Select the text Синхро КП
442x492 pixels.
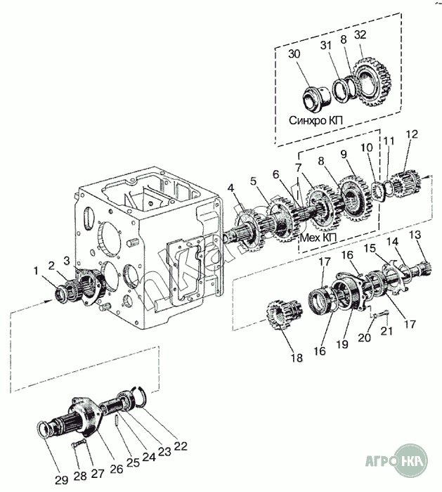(x=313, y=119)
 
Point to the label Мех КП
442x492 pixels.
(x=318, y=238)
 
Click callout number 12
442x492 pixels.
(x=412, y=134)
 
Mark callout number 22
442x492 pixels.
(x=181, y=446)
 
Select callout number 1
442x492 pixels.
(x=35, y=270)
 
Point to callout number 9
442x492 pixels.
(x=343, y=154)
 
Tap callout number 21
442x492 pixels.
(x=386, y=332)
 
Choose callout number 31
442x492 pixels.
(x=325, y=46)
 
